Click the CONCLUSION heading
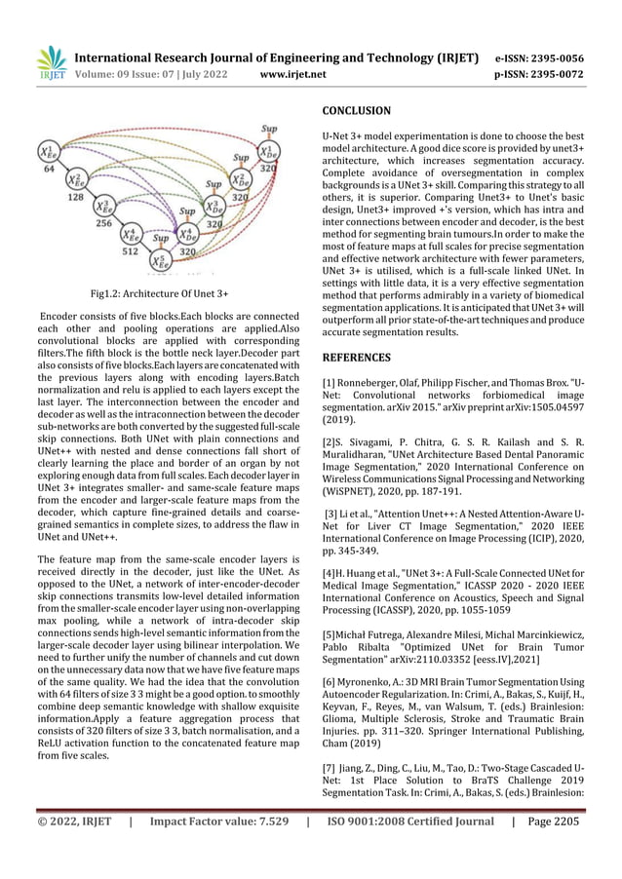[356, 111]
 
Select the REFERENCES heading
[358, 358]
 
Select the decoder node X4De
[186, 234]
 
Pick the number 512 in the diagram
[129, 250]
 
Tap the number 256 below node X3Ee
[101, 223]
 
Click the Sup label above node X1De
[269, 128]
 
